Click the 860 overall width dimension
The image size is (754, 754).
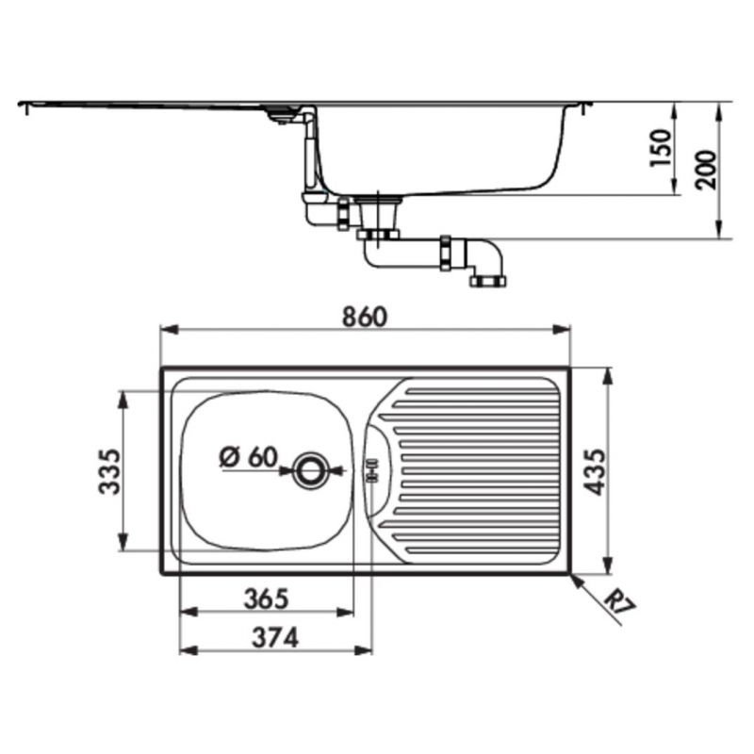[x=365, y=317]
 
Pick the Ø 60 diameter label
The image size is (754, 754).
[x=248, y=457]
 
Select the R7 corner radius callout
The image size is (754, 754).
[x=623, y=600]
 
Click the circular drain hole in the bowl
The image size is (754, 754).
[x=309, y=469]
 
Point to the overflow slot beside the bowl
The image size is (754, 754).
[x=371, y=469]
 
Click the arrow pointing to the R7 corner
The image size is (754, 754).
[x=577, y=580]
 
